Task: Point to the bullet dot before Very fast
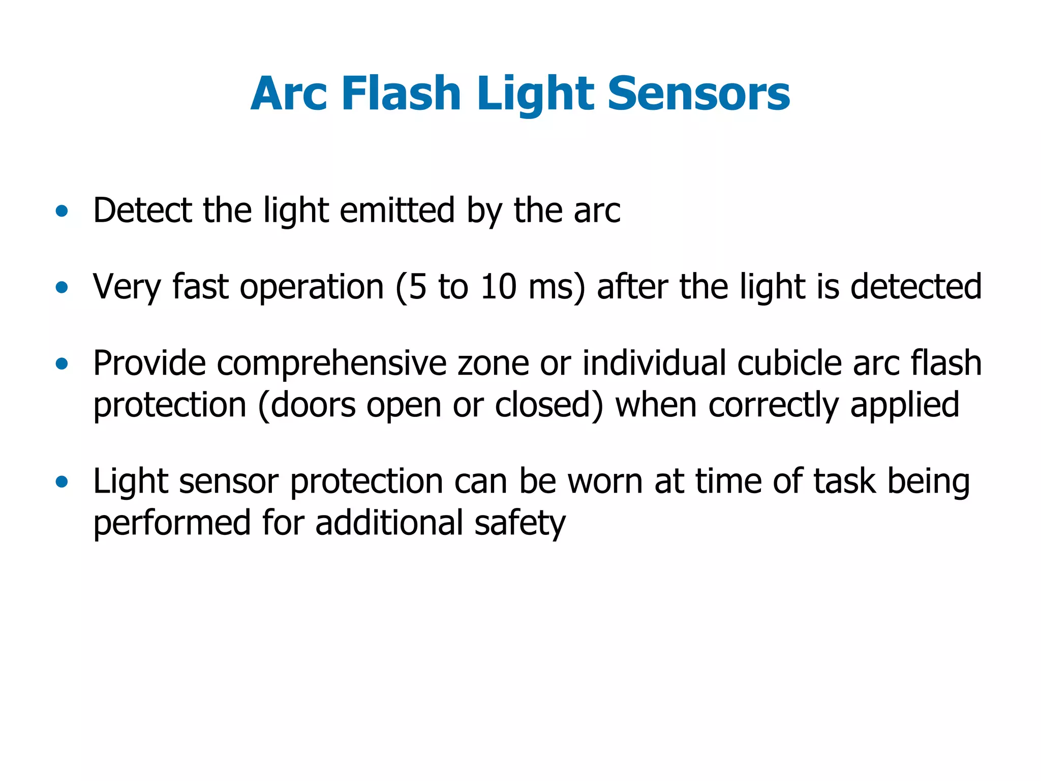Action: [x=62, y=287]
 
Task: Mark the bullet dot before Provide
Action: [x=62, y=364]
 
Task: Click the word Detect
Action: [x=142, y=210]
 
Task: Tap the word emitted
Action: [x=397, y=210]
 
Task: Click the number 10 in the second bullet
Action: [x=499, y=287]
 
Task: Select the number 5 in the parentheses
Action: [x=417, y=287]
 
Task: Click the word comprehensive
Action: [x=331, y=364]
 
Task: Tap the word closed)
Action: [x=549, y=405]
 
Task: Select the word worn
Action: [x=605, y=482]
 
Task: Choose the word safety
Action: [x=519, y=524]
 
